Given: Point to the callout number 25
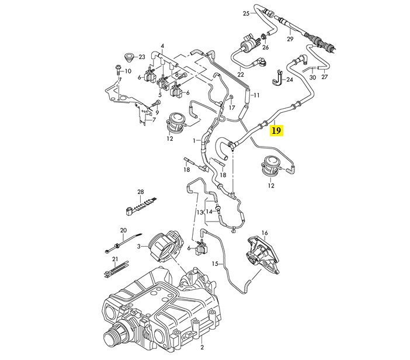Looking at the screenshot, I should (246, 13).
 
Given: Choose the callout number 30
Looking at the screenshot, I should (312, 77).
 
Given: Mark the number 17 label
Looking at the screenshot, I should (232, 108).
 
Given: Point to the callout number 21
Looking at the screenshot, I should (115, 259).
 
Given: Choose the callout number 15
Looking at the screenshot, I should (215, 264).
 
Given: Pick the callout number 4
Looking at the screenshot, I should (163, 46).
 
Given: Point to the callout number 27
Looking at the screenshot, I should (325, 77).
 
